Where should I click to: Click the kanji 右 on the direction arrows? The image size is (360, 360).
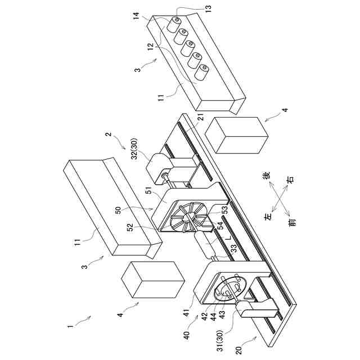click(290, 181)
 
